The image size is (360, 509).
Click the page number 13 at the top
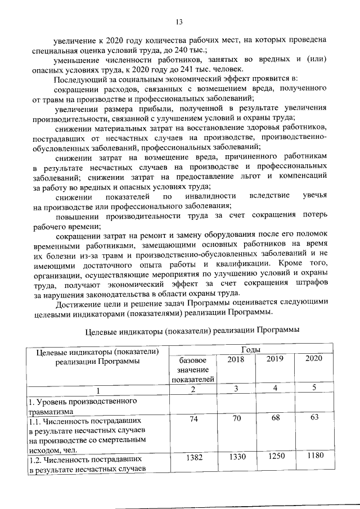coord(179,22)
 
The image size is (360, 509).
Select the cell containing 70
coord(236,420)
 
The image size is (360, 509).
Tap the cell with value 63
coord(314,417)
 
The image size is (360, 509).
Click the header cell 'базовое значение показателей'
coord(193,370)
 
